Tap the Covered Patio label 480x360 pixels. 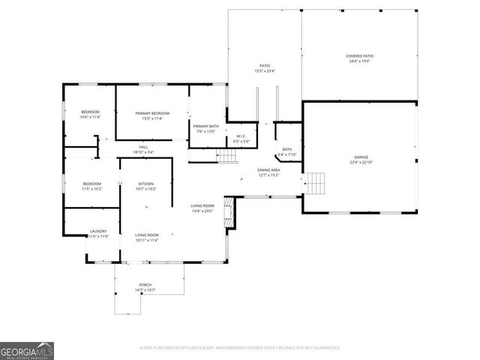(x=359, y=56)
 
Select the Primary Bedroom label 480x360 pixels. (x=152, y=113)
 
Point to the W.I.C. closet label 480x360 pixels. (x=241, y=136)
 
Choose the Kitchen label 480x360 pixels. (x=146, y=184)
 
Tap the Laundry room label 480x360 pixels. (x=97, y=231)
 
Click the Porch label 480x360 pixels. (x=145, y=285)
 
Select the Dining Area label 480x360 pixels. (x=268, y=170)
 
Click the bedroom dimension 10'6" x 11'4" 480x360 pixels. (x=90, y=118)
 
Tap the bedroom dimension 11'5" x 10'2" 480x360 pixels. (x=92, y=189)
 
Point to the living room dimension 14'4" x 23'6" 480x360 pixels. (x=202, y=211)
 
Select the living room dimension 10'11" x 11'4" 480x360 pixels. (x=146, y=241)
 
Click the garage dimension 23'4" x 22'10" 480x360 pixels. (x=361, y=163)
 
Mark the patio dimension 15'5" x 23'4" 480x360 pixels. (x=265, y=71)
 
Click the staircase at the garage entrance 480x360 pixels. (x=315, y=182)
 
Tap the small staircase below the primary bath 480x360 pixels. (x=227, y=156)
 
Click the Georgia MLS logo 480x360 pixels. (x=27, y=351)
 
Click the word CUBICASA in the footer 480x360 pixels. (x=198, y=347)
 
